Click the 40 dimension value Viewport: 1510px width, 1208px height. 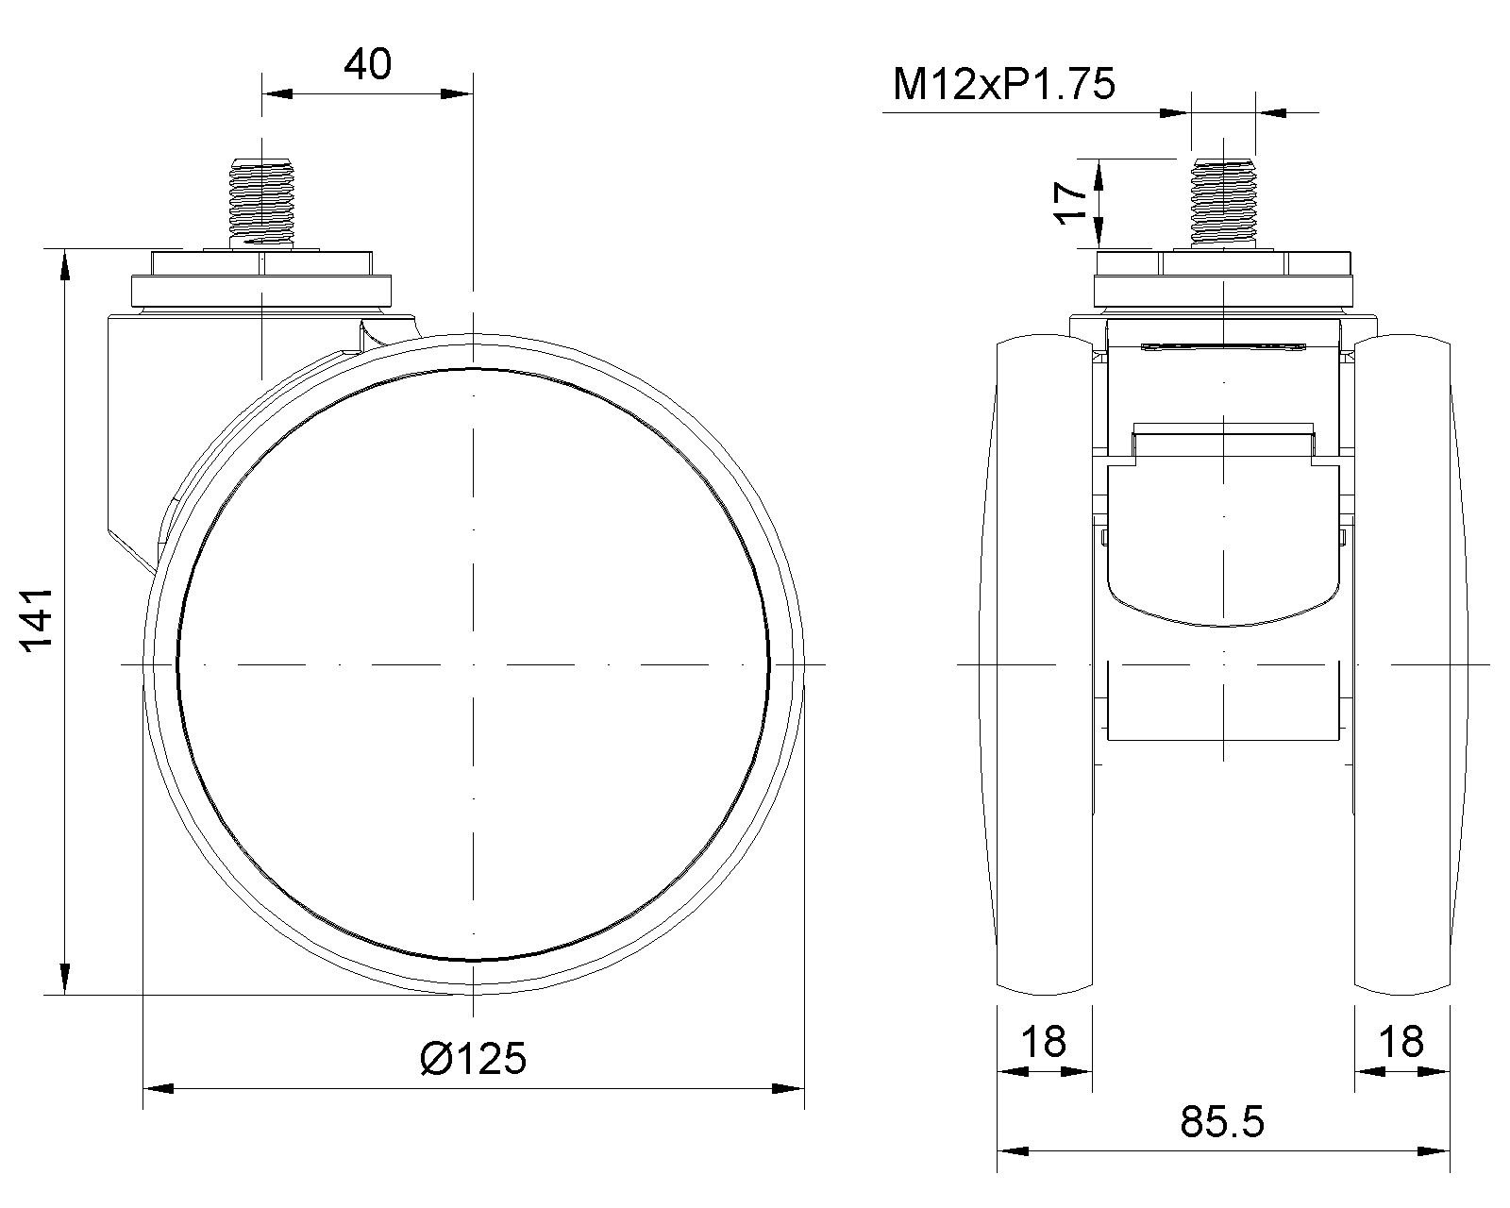point(367,64)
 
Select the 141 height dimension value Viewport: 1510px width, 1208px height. point(38,620)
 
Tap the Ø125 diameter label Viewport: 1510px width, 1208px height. point(473,1059)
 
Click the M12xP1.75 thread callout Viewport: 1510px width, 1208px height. point(1003,84)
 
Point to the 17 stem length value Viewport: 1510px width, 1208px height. point(1071,204)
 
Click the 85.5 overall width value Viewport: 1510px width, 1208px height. point(1221,1122)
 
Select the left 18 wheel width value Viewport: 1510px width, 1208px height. point(1044,1042)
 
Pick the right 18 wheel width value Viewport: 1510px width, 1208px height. point(1401,1042)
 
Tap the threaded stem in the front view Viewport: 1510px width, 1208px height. point(1223,202)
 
